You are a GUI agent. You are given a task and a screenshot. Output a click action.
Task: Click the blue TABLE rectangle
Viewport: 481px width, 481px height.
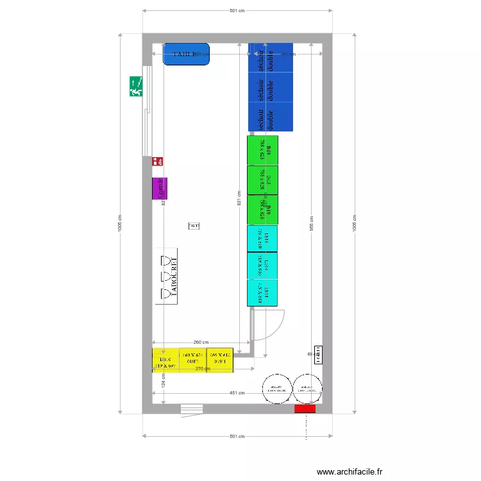pyautogui.click(x=186, y=55)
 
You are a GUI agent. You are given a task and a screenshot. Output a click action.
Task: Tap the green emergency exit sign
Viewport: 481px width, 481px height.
pyautogui.click(x=136, y=86)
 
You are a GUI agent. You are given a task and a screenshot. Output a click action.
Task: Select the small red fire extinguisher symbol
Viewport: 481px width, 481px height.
pyautogui.click(x=157, y=162)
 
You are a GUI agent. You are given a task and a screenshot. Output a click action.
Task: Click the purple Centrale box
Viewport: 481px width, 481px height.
pyautogui.click(x=159, y=188)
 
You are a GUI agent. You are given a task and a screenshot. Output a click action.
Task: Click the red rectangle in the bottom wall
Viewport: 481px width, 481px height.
pyautogui.click(x=305, y=409)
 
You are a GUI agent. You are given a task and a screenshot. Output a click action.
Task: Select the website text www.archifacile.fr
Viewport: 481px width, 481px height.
pyautogui.click(x=350, y=471)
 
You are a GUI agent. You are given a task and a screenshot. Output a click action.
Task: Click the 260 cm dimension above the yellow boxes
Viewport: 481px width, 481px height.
pyautogui.click(x=201, y=343)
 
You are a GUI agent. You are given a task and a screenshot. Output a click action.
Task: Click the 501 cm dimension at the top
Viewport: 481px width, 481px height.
pyautogui.click(x=237, y=11)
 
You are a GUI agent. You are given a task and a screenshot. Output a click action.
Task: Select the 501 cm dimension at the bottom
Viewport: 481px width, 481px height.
pyautogui.click(x=237, y=437)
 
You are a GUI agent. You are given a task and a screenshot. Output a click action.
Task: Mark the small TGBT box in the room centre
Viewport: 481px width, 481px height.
pyautogui.click(x=194, y=226)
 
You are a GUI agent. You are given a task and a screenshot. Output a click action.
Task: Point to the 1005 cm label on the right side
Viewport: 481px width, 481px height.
pyautogui.click(x=355, y=224)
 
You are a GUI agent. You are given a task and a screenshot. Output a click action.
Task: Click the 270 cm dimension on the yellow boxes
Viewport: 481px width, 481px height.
pyautogui.click(x=203, y=369)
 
